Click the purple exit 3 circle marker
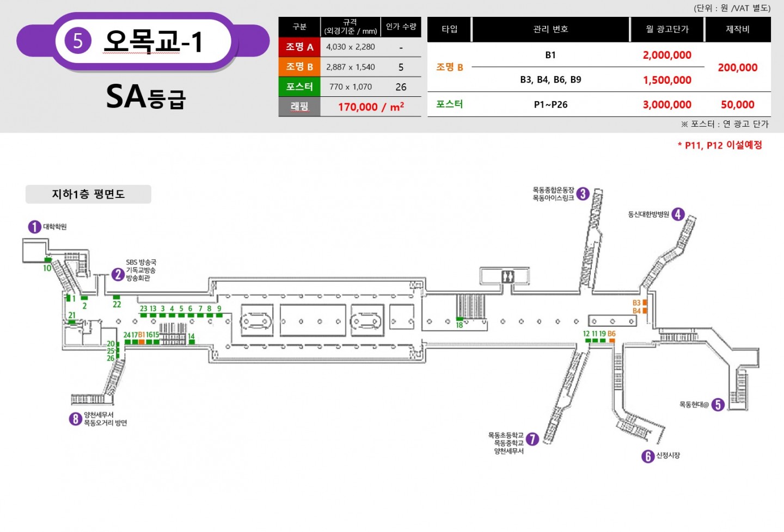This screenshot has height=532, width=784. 583,194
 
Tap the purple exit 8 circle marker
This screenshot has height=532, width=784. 75,419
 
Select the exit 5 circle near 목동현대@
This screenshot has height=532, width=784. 718,405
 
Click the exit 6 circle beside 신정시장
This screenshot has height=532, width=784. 648,456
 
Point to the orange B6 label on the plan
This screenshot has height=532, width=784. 611,333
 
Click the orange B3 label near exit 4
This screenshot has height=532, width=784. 636,303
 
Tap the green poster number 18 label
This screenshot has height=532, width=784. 459,325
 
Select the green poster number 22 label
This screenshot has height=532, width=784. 117,305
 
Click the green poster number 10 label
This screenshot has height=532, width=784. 47,268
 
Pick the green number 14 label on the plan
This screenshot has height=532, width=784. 191,336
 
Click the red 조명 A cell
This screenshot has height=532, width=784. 299,47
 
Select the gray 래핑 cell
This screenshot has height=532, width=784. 299,107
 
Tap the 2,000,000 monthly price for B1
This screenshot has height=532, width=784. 667,55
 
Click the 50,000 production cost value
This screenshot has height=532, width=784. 737,104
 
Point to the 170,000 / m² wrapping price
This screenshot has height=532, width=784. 371,107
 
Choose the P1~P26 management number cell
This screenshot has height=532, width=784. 550,104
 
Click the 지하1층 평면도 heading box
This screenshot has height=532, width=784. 88,194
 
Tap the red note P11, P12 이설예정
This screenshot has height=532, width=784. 720,145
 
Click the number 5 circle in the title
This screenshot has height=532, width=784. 78,41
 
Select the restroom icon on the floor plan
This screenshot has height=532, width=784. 507,277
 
